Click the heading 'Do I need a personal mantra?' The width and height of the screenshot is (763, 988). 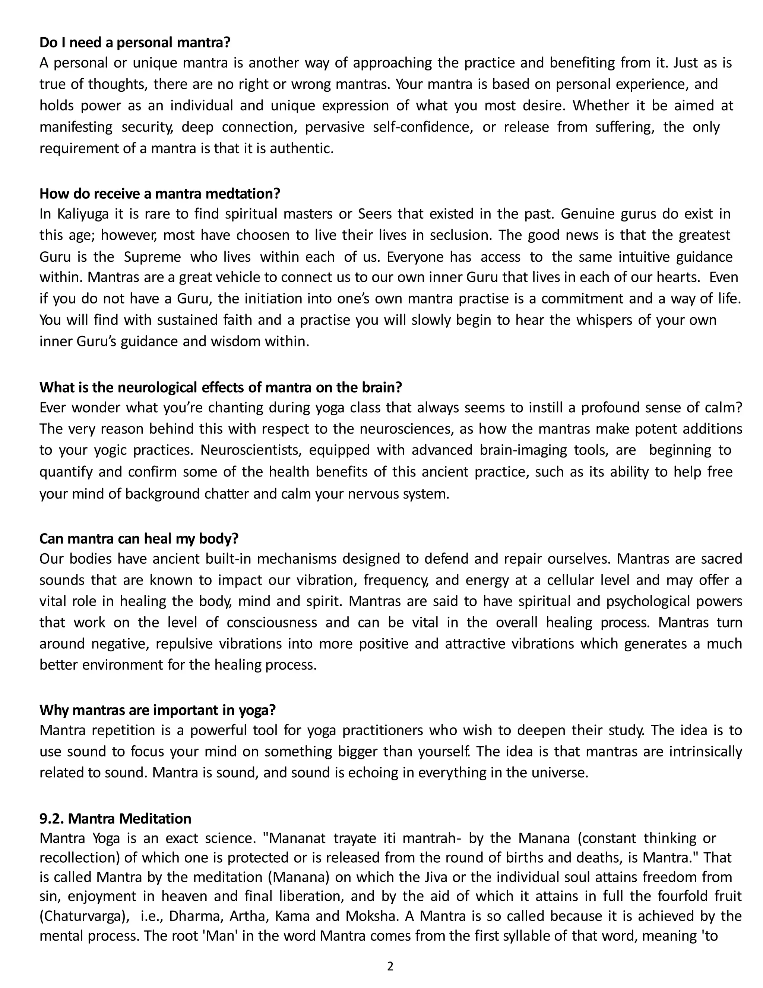(x=135, y=43)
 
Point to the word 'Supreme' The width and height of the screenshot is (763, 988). (x=152, y=257)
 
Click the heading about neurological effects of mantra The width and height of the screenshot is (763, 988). (x=221, y=387)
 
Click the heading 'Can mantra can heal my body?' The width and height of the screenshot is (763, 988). (x=139, y=538)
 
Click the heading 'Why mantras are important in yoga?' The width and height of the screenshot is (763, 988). (x=157, y=710)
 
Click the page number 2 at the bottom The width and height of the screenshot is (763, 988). (x=390, y=966)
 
